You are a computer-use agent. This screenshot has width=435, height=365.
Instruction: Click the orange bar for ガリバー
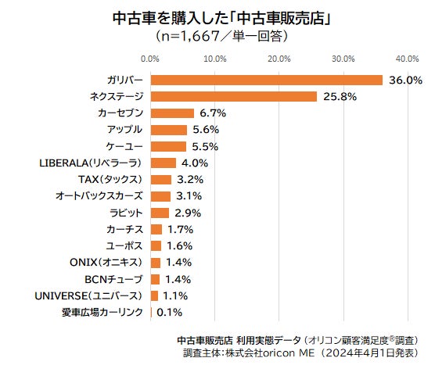266,80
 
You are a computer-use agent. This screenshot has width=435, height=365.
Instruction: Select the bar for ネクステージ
233,96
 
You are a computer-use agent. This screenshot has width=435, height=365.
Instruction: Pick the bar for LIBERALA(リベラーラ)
164,163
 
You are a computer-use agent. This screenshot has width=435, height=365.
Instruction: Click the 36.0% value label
404,80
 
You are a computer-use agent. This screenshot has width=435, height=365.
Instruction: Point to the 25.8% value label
339,96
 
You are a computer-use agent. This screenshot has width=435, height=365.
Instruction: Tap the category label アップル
124,130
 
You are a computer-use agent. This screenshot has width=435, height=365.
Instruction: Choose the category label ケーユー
124,146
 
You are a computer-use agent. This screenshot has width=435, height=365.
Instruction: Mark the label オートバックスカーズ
99,196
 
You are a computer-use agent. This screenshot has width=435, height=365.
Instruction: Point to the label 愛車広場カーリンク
102,313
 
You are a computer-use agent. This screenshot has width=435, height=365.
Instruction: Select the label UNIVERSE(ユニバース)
89,296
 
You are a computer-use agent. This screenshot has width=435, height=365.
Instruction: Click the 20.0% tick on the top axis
279,59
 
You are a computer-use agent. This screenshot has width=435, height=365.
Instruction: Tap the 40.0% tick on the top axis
407,59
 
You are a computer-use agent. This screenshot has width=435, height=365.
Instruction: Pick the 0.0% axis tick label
150,59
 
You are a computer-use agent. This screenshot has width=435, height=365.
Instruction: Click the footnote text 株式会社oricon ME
264,353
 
